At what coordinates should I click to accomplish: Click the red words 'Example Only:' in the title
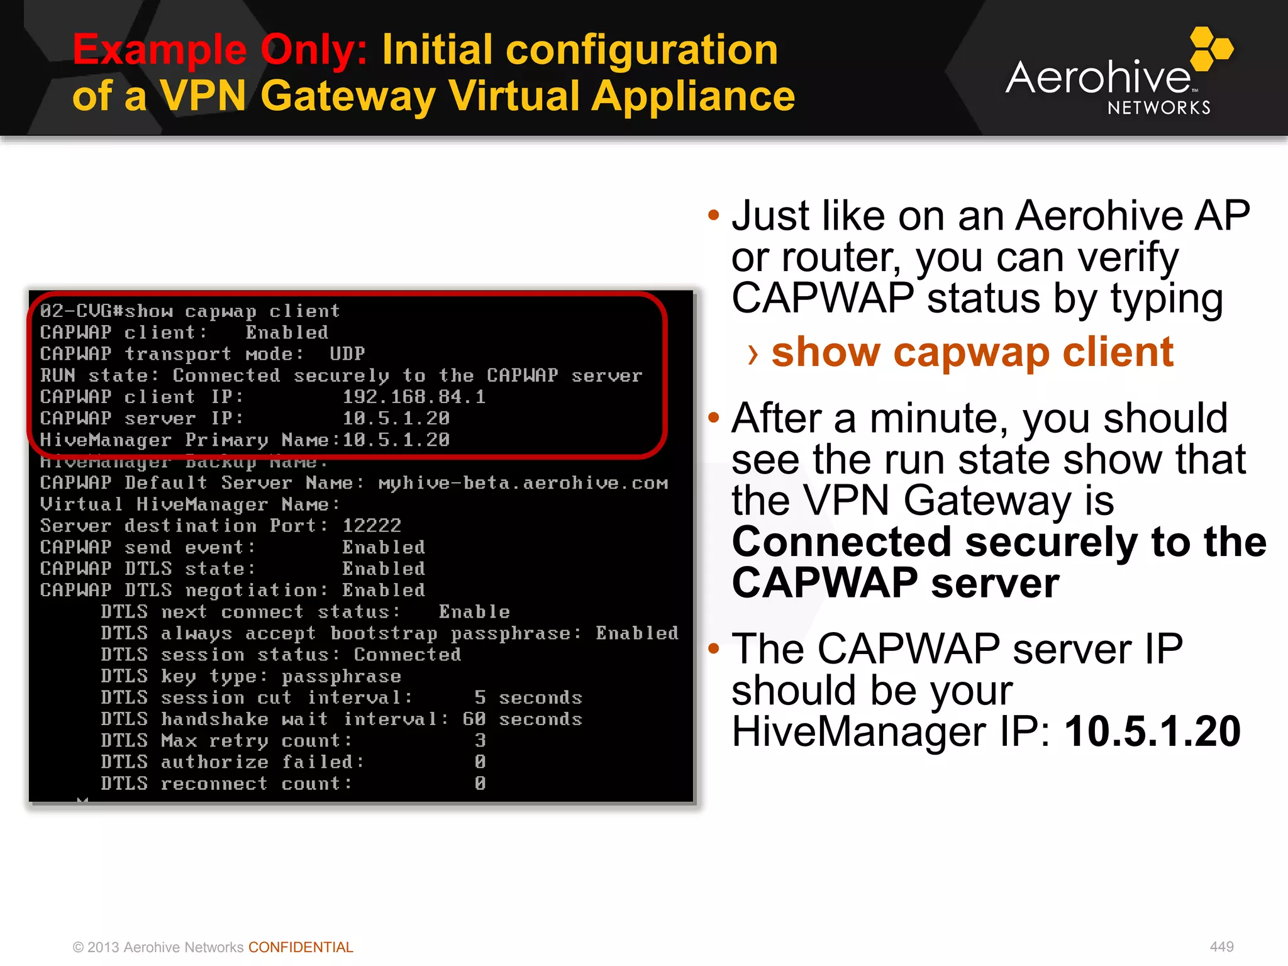pyautogui.click(x=219, y=50)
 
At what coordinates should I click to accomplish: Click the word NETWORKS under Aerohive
pyautogui.click(x=1159, y=108)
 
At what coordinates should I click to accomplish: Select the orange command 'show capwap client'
pyautogui.click(x=972, y=352)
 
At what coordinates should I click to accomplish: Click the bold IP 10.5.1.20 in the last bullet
pyautogui.click(x=1152, y=732)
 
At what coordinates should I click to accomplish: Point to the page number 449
pyautogui.click(x=1221, y=947)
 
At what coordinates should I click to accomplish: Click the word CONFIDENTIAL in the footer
pyautogui.click(x=301, y=947)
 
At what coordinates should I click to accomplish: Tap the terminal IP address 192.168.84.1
pyautogui.click(x=414, y=397)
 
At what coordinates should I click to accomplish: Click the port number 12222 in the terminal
pyautogui.click(x=372, y=526)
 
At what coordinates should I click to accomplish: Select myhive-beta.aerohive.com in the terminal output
pyautogui.click(x=523, y=483)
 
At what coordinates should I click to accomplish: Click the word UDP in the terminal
pyautogui.click(x=347, y=353)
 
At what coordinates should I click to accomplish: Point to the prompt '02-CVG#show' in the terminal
pyautogui.click(x=106, y=311)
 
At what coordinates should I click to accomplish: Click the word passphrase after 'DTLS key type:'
pyautogui.click(x=341, y=677)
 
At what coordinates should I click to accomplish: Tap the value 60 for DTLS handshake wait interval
pyautogui.click(x=474, y=719)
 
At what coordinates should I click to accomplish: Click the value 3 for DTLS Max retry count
pyautogui.click(x=480, y=741)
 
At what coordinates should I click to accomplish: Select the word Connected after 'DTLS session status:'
pyautogui.click(x=408, y=655)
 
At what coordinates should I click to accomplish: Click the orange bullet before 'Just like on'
pyautogui.click(x=713, y=216)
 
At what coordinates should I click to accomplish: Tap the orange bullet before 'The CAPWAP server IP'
pyautogui.click(x=713, y=648)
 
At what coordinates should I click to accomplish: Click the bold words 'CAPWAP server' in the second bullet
pyautogui.click(x=896, y=583)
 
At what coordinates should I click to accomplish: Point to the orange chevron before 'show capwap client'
pyautogui.click(x=753, y=355)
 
